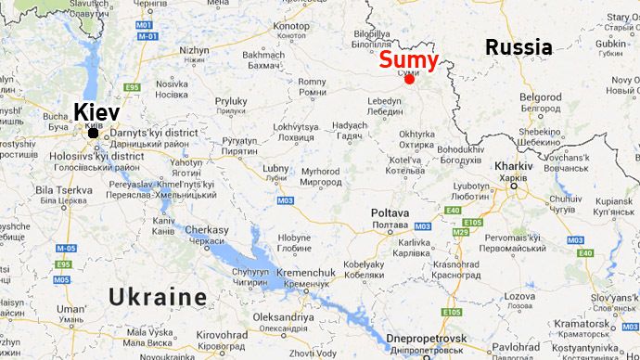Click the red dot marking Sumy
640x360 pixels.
(x=409, y=79)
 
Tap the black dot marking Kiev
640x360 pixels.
(x=94, y=135)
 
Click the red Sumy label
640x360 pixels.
(x=409, y=59)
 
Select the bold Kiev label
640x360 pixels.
(x=96, y=112)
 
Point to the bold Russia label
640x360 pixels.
(x=518, y=47)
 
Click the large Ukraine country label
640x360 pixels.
(x=158, y=297)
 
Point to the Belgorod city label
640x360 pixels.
(x=541, y=96)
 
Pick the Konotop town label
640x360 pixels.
(x=291, y=26)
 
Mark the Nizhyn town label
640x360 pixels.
(x=194, y=50)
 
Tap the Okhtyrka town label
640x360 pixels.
(x=416, y=133)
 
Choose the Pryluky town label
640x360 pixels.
(x=231, y=101)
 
